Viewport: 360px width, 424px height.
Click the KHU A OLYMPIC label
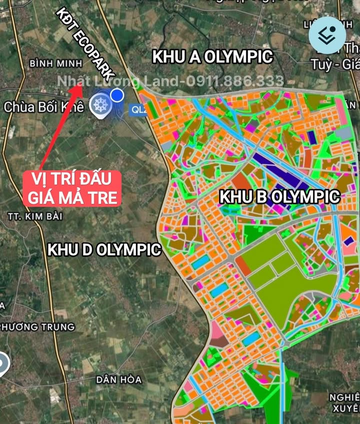212,57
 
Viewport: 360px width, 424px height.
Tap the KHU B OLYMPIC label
280,197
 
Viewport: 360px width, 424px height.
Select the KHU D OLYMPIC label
104,249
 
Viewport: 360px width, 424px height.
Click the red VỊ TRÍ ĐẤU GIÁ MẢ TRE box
71,188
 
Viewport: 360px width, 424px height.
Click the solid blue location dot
117,95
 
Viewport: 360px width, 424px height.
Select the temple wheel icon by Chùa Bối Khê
99,105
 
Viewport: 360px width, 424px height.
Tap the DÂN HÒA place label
119,379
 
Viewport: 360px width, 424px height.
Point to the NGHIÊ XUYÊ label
344,402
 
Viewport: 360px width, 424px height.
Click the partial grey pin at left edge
3,364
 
